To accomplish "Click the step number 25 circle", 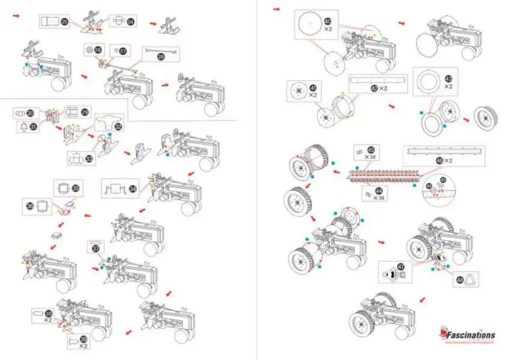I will tap(64, 22).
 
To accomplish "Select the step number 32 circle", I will tap(118, 126).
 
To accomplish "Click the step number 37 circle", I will tap(96, 248).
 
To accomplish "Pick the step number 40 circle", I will tap(327, 22).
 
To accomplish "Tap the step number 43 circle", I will tap(448, 77).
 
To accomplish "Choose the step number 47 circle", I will tap(401, 268).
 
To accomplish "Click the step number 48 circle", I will tap(459, 280).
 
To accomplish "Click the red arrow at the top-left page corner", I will tap(16, 16).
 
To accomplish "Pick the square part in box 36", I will tap(44, 206).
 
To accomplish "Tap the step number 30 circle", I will tap(30, 113).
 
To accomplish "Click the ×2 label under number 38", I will tap(48, 320).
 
